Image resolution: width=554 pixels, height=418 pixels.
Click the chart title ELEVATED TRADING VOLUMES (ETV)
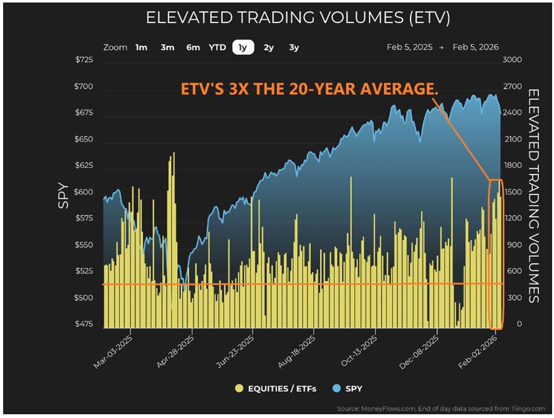298,17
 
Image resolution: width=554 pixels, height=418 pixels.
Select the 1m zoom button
142,47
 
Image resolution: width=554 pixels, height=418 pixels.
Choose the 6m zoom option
193,47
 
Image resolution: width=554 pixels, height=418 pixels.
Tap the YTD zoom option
217,47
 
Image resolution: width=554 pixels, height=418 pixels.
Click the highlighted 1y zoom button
243,47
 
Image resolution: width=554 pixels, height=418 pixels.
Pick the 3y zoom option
294,47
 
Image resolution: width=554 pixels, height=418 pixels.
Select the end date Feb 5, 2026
475,47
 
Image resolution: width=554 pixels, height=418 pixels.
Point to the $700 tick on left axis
84,87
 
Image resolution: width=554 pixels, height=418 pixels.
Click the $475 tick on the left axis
84,324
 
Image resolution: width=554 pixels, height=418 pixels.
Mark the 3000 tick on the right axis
512,60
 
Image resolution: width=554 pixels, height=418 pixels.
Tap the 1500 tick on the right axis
512,192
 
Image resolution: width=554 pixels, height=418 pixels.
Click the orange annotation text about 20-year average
309,90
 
